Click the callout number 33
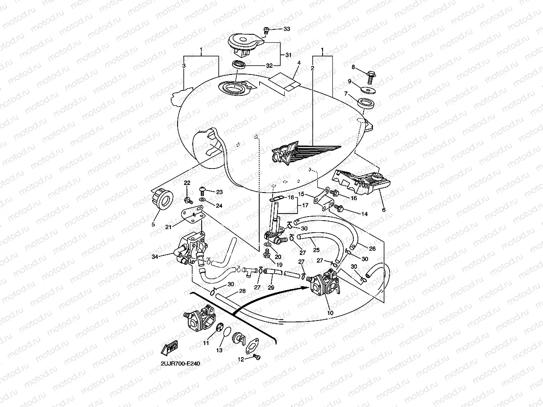(286, 29)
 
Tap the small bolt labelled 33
(267, 30)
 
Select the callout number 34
(155, 257)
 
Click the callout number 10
(330, 313)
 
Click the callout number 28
(242, 291)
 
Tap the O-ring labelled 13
(227, 333)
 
